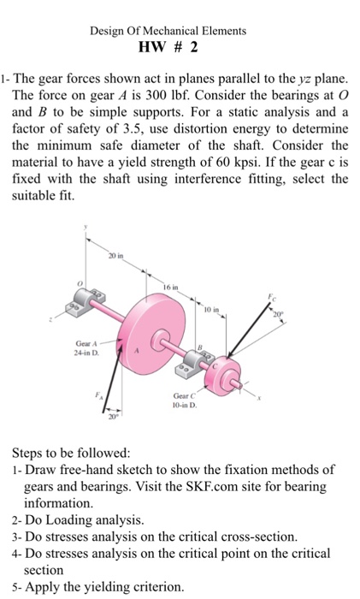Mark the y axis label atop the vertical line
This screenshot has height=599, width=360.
click(86, 226)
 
